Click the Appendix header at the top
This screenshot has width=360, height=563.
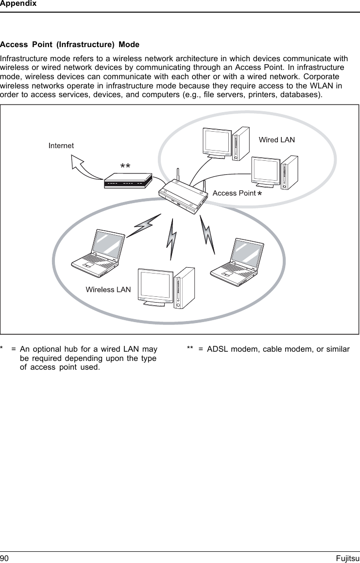click(x=18, y=4)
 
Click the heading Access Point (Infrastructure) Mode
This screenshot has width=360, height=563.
click(x=70, y=45)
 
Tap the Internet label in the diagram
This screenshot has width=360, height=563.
click(x=61, y=145)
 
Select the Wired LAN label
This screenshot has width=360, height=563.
click(x=276, y=140)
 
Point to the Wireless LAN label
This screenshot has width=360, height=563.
click(x=108, y=290)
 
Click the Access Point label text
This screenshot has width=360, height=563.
click(x=234, y=193)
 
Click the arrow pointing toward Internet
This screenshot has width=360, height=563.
click(x=86, y=165)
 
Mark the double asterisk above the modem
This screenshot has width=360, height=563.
click(x=125, y=166)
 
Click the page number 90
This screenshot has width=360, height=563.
click(x=5, y=558)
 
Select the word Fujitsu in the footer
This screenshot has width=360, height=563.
click(x=347, y=558)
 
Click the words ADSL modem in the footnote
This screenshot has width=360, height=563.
click(x=230, y=349)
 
